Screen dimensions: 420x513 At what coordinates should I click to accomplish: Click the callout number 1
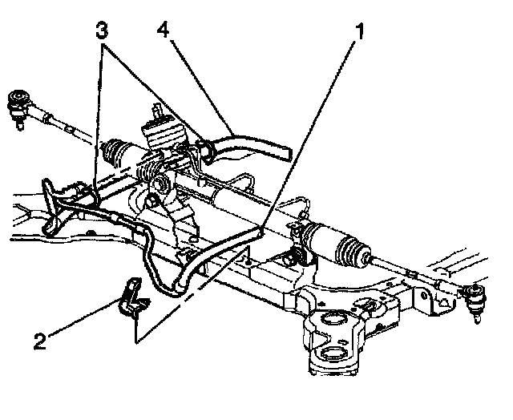[362, 34]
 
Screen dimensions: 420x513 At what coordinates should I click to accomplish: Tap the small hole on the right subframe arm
[371, 305]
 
